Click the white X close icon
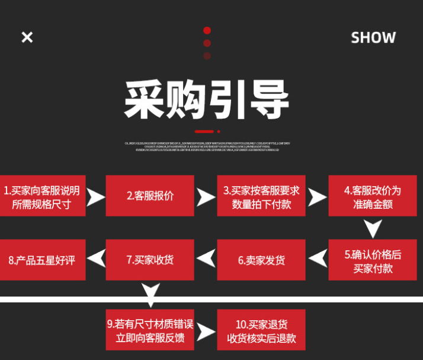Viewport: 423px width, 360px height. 27,37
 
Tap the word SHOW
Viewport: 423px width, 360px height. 373,37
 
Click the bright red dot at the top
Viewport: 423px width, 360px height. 207,31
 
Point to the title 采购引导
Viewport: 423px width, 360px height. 207,99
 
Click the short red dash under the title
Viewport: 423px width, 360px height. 204,131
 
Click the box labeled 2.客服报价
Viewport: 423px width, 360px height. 150,196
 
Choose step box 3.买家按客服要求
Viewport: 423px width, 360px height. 261,196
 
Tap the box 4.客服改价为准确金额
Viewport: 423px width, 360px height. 372,196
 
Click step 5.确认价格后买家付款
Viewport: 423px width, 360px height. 372,260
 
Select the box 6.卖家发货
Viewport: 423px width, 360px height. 261,260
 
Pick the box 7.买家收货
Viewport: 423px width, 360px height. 150,260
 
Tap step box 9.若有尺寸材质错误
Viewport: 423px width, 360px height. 150,331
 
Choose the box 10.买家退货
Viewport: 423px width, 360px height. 261,331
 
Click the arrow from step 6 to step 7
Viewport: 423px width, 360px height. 206,259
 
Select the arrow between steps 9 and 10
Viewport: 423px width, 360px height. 206,332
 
